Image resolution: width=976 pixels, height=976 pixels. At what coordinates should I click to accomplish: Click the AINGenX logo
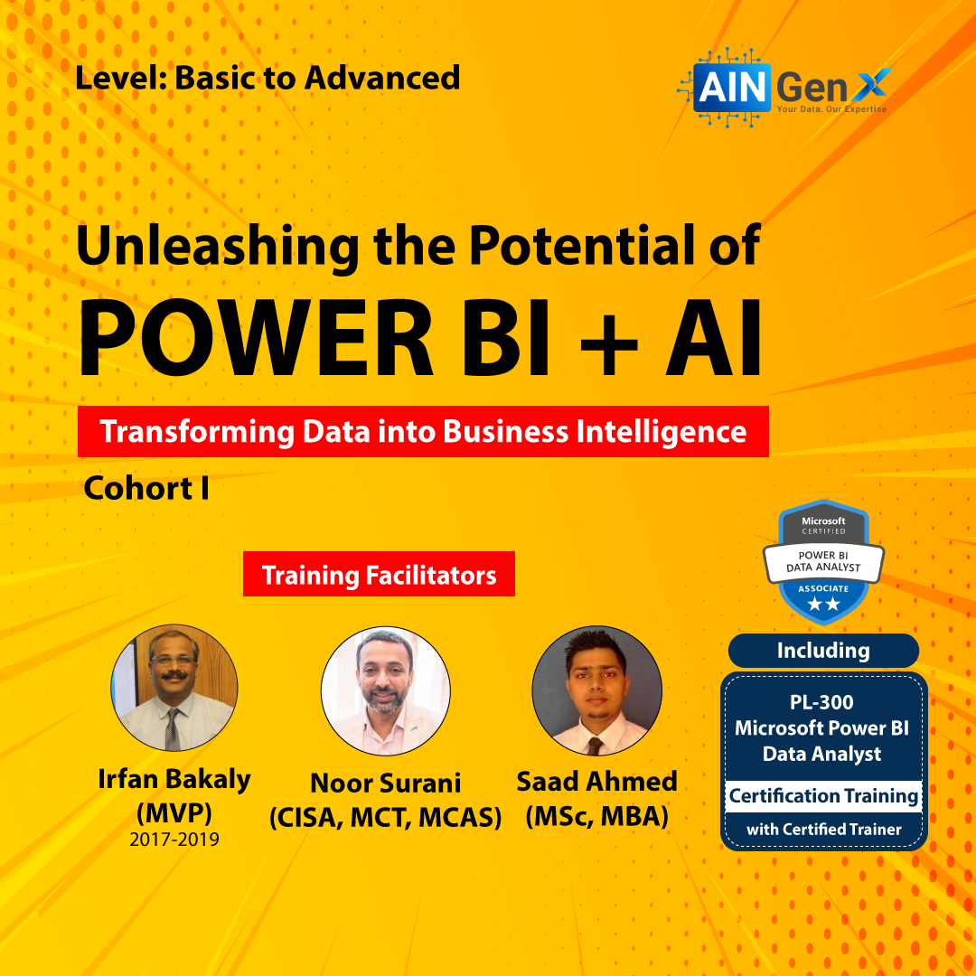784,87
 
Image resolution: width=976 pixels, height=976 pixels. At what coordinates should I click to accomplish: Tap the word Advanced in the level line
382,79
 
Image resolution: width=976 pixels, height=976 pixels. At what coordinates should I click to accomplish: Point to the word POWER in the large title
255,339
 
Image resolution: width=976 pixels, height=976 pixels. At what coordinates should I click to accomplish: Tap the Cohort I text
146,488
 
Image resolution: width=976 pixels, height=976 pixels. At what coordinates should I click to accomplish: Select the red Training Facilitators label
379,574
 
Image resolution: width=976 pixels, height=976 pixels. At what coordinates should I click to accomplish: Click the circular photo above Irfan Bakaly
174,687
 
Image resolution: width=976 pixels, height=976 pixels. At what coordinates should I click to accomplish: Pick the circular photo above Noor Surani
385,691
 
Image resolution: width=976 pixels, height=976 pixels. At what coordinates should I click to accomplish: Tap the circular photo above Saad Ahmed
596,691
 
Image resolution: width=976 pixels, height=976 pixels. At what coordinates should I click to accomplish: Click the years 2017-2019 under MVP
174,840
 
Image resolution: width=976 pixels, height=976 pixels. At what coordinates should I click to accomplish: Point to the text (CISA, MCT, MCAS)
385,818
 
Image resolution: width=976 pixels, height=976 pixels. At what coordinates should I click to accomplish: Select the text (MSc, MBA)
597,817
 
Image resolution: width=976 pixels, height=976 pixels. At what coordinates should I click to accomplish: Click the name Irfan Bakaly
174,779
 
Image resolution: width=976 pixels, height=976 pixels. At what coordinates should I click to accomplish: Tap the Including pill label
823,651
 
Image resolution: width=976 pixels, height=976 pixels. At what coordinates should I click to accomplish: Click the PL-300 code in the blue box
821,702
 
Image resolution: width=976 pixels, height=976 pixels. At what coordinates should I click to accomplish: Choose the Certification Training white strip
823,796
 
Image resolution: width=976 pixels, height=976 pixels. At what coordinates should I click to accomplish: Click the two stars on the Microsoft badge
823,604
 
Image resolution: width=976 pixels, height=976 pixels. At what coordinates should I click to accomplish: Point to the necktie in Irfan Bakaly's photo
173,729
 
